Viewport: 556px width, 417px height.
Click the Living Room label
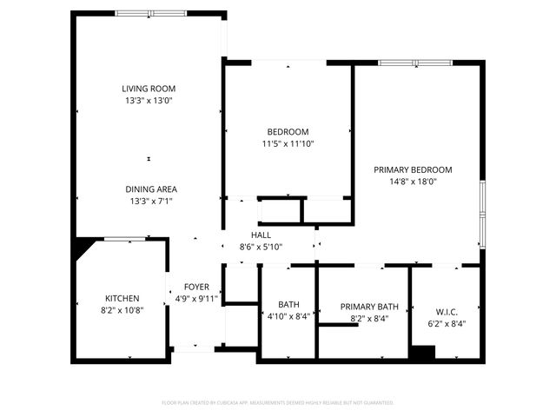click(x=149, y=89)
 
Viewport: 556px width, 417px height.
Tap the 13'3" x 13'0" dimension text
click(x=149, y=101)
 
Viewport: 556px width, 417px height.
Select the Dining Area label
click(x=151, y=189)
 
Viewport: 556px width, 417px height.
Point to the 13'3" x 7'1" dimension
click(x=151, y=201)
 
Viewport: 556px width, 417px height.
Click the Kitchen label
click(x=122, y=298)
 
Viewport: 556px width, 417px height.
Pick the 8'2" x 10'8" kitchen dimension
click(x=122, y=310)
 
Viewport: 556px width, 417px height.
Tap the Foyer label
click(x=196, y=287)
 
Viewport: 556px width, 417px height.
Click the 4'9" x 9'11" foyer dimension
click(x=196, y=299)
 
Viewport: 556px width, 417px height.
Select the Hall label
click(x=261, y=235)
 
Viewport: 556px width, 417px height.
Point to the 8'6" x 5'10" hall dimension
click(x=261, y=248)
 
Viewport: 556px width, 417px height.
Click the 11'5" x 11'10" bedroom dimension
click(x=288, y=144)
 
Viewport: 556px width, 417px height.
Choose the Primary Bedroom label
click(x=413, y=170)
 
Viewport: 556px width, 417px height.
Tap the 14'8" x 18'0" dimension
click(x=413, y=182)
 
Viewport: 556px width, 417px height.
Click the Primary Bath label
click(x=369, y=306)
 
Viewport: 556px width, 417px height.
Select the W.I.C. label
click(x=446, y=310)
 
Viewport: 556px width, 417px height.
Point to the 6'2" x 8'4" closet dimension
click(x=446, y=322)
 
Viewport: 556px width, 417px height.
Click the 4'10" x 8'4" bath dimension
click(x=288, y=317)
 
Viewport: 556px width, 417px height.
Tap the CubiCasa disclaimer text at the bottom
click(x=278, y=402)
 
